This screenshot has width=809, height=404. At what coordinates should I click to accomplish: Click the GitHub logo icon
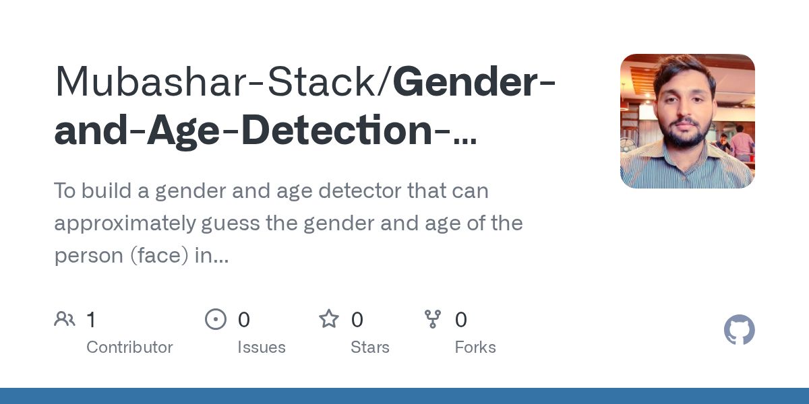tap(739, 331)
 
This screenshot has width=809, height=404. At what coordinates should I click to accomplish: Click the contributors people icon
tap(65, 319)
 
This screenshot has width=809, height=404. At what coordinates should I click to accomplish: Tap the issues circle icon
tap(216, 319)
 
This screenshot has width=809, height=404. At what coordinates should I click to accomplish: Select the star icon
tap(329, 319)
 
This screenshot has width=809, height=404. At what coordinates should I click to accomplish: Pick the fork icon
tap(433, 319)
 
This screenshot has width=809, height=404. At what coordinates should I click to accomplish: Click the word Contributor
tap(129, 347)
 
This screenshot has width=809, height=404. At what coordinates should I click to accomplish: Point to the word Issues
tap(262, 347)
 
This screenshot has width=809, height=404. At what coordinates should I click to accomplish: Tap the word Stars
tap(370, 347)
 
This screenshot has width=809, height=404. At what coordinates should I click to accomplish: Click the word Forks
tap(475, 347)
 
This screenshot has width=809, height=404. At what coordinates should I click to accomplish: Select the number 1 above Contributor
tap(91, 320)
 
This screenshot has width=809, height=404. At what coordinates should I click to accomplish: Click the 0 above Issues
tap(244, 320)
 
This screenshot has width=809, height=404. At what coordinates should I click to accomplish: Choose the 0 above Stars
tap(357, 320)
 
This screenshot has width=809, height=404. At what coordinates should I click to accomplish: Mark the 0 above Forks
tap(461, 320)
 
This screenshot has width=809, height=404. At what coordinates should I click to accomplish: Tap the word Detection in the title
tap(336, 130)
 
